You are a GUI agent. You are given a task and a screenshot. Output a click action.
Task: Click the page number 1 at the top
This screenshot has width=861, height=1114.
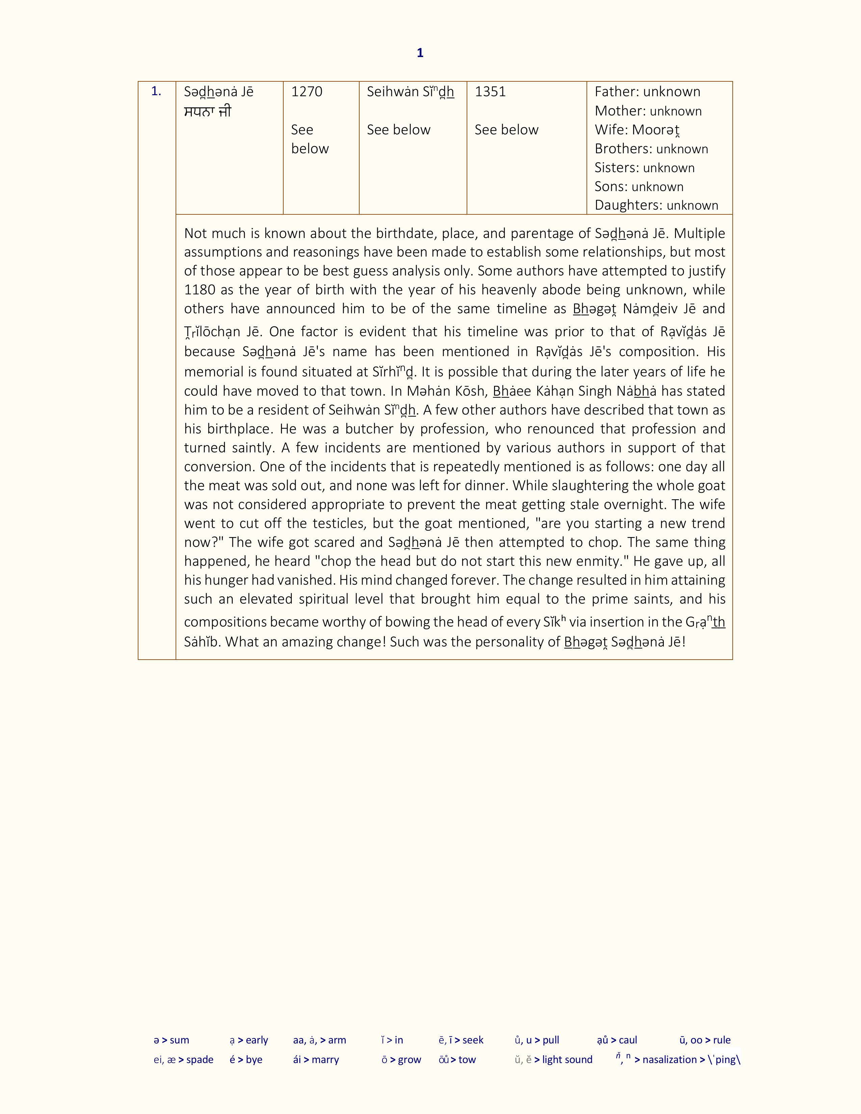coord(420,53)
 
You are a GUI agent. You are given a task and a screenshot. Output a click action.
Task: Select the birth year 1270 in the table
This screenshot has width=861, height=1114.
coord(307,92)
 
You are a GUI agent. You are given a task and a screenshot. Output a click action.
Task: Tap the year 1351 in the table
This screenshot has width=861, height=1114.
coord(490,92)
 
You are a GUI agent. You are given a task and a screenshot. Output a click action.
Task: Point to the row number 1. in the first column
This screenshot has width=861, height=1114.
coord(156,92)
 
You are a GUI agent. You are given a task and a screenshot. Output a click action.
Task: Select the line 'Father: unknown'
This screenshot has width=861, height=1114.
coord(647,92)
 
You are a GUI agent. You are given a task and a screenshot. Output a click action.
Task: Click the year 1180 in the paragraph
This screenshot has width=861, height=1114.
coord(200,290)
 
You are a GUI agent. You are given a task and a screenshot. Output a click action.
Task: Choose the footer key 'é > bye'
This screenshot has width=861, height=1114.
coord(246,1059)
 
